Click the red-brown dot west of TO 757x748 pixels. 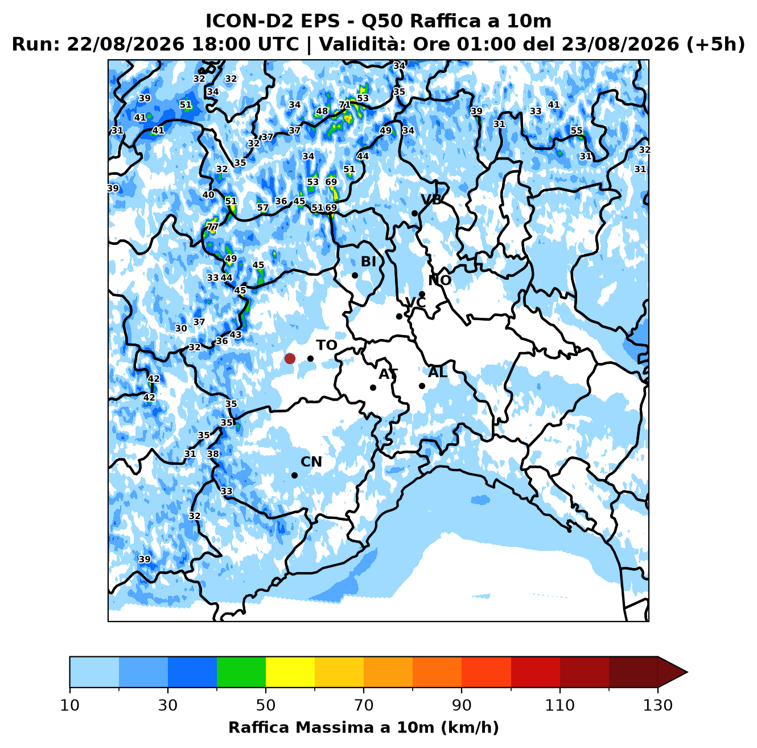[x=290, y=358]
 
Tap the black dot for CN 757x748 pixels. [x=294, y=476]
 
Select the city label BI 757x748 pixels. [x=368, y=261]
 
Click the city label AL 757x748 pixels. [x=438, y=372]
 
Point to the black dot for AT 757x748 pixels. [x=373, y=387]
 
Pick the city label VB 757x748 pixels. [x=431, y=200]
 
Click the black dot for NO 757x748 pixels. [x=422, y=294]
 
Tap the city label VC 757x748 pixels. [x=415, y=303]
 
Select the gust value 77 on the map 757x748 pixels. [x=212, y=227]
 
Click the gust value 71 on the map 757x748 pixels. [x=344, y=105]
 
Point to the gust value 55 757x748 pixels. [x=577, y=130]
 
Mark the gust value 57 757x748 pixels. [x=263, y=207]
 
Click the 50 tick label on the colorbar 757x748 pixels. [x=266, y=705]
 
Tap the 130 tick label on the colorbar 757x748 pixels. [x=657, y=705]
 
